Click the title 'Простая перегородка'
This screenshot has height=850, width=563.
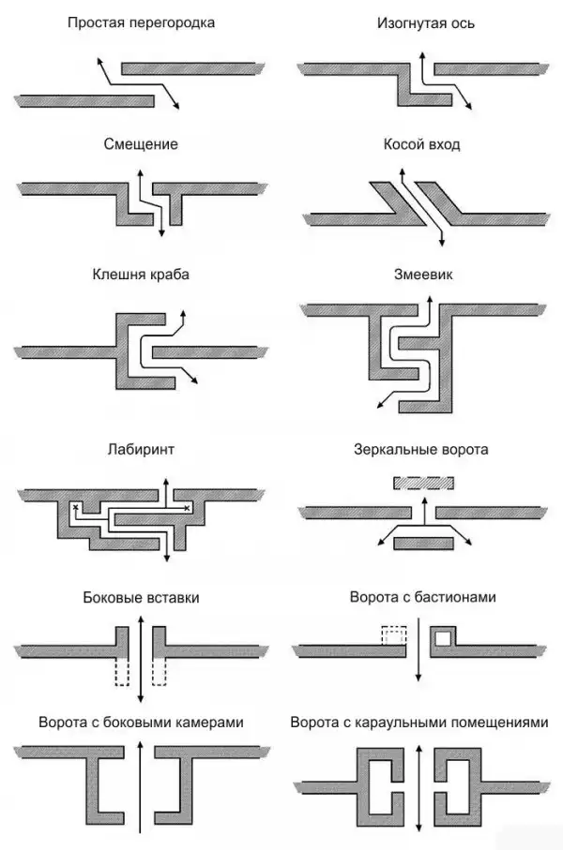coord(141,22)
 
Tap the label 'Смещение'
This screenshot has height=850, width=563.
coord(141,145)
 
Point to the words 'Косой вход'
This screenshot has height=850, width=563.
coord(422,145)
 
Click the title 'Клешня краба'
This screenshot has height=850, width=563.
coord(141,276)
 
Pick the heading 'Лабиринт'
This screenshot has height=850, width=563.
coord(141,449)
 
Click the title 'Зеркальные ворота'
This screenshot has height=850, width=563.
coord(422,449)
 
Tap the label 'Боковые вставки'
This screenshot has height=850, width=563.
coord(141,596)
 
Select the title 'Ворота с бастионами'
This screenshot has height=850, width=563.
coord(422,596)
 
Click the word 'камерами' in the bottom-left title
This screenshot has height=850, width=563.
coord(203,723)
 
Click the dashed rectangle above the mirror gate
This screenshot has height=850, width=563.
coord(422,485)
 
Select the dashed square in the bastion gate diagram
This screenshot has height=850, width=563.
coord(393,635)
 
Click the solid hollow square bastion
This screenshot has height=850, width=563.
coord(442,639)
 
